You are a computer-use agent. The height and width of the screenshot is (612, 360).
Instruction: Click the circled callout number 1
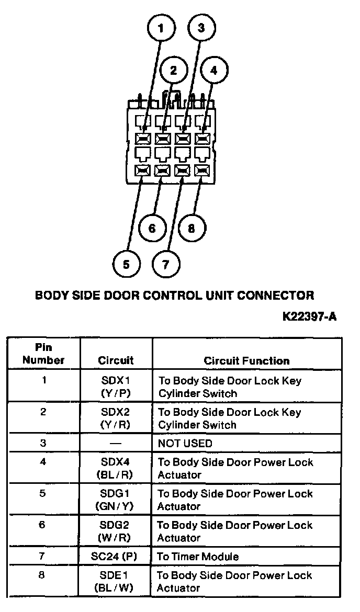(160, 29)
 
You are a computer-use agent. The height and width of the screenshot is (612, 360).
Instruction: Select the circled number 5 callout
(126, 264)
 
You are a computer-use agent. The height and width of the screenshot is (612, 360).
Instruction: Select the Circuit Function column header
(246, 360)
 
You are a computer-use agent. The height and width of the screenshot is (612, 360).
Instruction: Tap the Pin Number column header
(43, 354)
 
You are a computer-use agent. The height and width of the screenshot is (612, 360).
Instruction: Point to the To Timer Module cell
(198, 557)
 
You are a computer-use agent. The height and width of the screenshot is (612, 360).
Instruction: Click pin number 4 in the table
(43, 462)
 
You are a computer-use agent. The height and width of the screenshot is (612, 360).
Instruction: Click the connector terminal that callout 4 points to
(201, 139)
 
